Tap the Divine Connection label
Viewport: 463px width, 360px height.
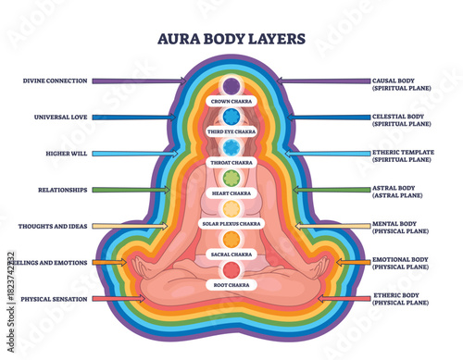56,81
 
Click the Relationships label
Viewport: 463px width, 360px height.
62,190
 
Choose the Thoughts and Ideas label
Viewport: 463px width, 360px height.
53,226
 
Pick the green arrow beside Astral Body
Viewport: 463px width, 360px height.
319,190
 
